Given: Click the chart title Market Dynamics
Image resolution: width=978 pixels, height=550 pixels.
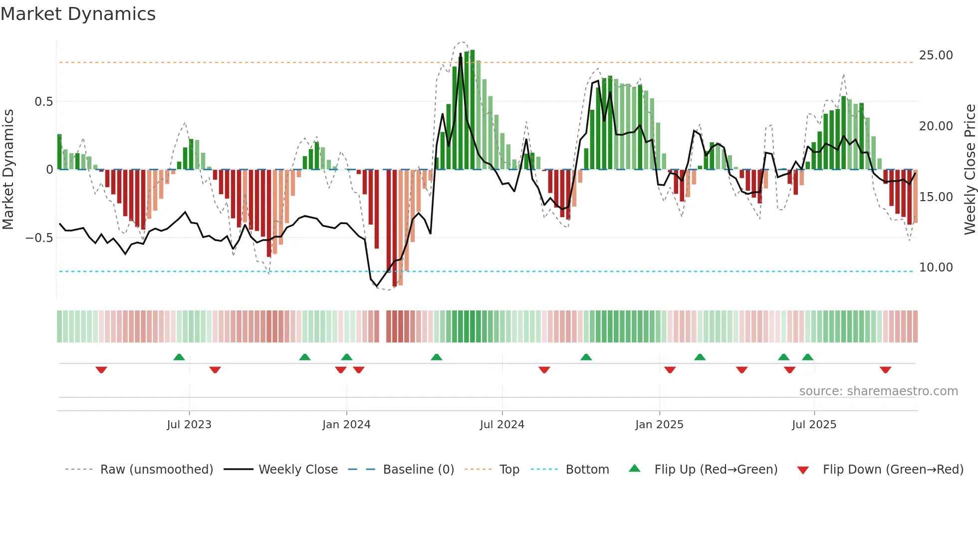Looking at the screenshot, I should [x=78, y=14].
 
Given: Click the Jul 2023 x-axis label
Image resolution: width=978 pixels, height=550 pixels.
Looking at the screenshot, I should [x=189, y=425].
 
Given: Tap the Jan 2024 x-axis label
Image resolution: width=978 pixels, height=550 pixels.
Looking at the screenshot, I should [x=346, y=425].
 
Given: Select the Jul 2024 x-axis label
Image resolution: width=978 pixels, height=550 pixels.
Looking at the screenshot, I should [x=502, y=425].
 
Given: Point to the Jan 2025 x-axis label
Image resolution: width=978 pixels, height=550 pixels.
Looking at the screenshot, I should [x=659, y=425].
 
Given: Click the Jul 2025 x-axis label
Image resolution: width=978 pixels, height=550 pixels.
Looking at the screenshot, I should [x=814, y=425].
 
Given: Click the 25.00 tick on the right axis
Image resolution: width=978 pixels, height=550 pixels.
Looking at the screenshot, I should [x=936, y=55].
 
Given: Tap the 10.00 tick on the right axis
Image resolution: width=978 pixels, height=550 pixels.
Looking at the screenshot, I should [x=936, y=268].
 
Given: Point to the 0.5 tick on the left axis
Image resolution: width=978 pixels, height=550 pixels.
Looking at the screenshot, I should [x=43, y=102].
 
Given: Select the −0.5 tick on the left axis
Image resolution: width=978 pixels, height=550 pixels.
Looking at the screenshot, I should [x=39, y=238].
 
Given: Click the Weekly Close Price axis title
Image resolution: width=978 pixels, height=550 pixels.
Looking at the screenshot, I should [x=970, y=169].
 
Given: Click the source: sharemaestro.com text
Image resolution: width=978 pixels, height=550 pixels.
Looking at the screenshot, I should [x=878, y=391].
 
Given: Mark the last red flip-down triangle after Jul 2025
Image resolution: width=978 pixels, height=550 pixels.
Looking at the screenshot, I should [x=885, y=370].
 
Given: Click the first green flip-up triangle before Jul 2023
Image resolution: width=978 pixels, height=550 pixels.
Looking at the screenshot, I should [x=179, y=357].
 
